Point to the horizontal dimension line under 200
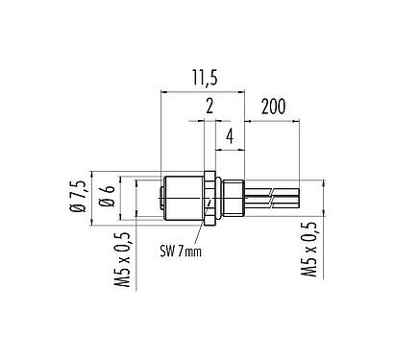(278, 121)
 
